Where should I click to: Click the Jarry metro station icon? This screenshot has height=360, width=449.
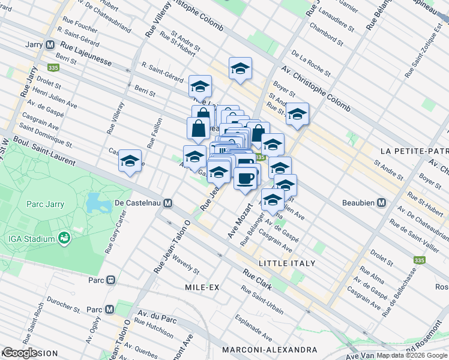pyautogui.click(x=50, y=44)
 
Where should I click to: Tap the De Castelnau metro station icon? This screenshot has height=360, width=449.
pyautogui.click(x=167, y=203)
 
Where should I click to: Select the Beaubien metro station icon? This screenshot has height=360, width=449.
pyautogui.click(x=381, y=203)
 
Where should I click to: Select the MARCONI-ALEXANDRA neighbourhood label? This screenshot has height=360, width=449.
pyautogui.click(x=269, y=349)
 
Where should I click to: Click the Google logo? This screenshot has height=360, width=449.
pyautogui.click(x=19, y=353)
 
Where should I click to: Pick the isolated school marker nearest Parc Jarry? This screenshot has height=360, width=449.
pyautogui.click(x=130, y=161)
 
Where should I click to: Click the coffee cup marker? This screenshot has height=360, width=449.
pyautogui.click(x=244, y=179)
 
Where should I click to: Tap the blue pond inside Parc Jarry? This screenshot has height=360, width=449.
pyautogui.click(x=95, y=203)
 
